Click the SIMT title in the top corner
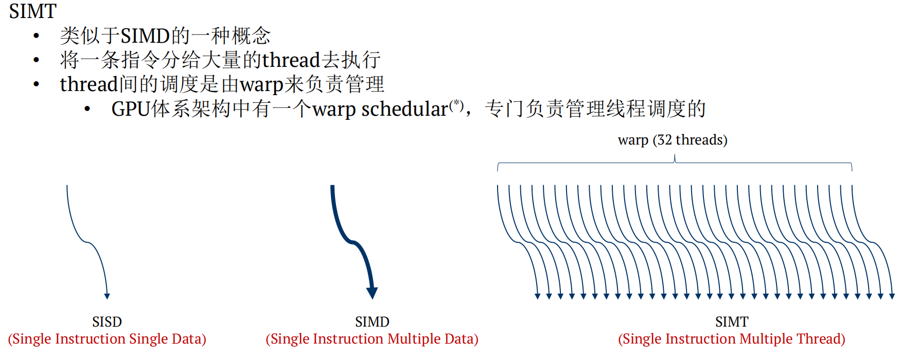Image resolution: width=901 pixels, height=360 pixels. [x=32, y=11]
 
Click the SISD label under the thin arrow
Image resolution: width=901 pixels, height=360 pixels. [x=107, y=322]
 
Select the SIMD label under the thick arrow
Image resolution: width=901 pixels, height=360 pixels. [x=372, y=322]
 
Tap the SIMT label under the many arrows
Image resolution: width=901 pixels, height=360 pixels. [x=732, y=322]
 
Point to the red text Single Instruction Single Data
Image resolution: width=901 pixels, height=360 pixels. [x=107, y=339]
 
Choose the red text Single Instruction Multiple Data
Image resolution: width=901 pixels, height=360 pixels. [x=372, y=339]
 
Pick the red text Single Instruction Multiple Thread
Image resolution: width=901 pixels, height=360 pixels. [x=732, y=339]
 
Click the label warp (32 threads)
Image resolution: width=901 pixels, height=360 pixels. [x=673, y=140]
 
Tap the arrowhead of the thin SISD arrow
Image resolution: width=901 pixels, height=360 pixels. [x=107, y=296]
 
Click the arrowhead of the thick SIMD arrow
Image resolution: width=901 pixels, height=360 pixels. [x=372, y=293]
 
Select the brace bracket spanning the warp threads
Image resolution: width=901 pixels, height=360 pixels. [x=674, y=164]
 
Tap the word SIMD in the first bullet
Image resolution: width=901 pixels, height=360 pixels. [x=145, y=36]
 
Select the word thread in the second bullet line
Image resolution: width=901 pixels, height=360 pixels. [x=291, y=60]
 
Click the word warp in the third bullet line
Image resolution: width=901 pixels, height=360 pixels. [x=261, y=84]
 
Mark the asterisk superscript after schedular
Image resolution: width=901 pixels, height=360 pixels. [x=456, y=104]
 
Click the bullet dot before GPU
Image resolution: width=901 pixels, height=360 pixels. [x=87, y=109]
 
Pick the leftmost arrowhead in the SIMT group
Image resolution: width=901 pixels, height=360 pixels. [x=538, y=296]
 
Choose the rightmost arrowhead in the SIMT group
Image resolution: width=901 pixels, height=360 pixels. [x=892, y=296]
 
